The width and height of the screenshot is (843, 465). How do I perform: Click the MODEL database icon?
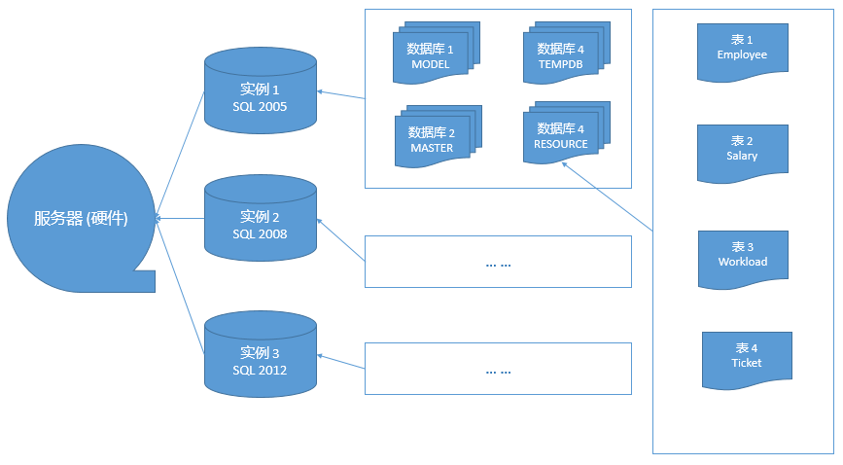(431, 56)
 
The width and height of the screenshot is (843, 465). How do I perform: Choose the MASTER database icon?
(432, 140)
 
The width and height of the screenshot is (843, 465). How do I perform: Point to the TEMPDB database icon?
(560, 55)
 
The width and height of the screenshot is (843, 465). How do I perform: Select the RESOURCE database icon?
(560, 135)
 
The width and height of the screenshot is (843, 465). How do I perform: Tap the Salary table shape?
(742, 152)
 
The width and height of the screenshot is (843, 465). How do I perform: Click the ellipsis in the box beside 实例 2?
(498, 264)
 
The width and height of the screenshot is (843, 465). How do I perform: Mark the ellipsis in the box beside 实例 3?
(498, 371)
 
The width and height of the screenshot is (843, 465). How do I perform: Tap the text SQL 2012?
(260, 370)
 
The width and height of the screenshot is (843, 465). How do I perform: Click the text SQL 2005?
(260, 106)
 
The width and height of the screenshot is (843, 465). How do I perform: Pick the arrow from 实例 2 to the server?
(180, 218)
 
